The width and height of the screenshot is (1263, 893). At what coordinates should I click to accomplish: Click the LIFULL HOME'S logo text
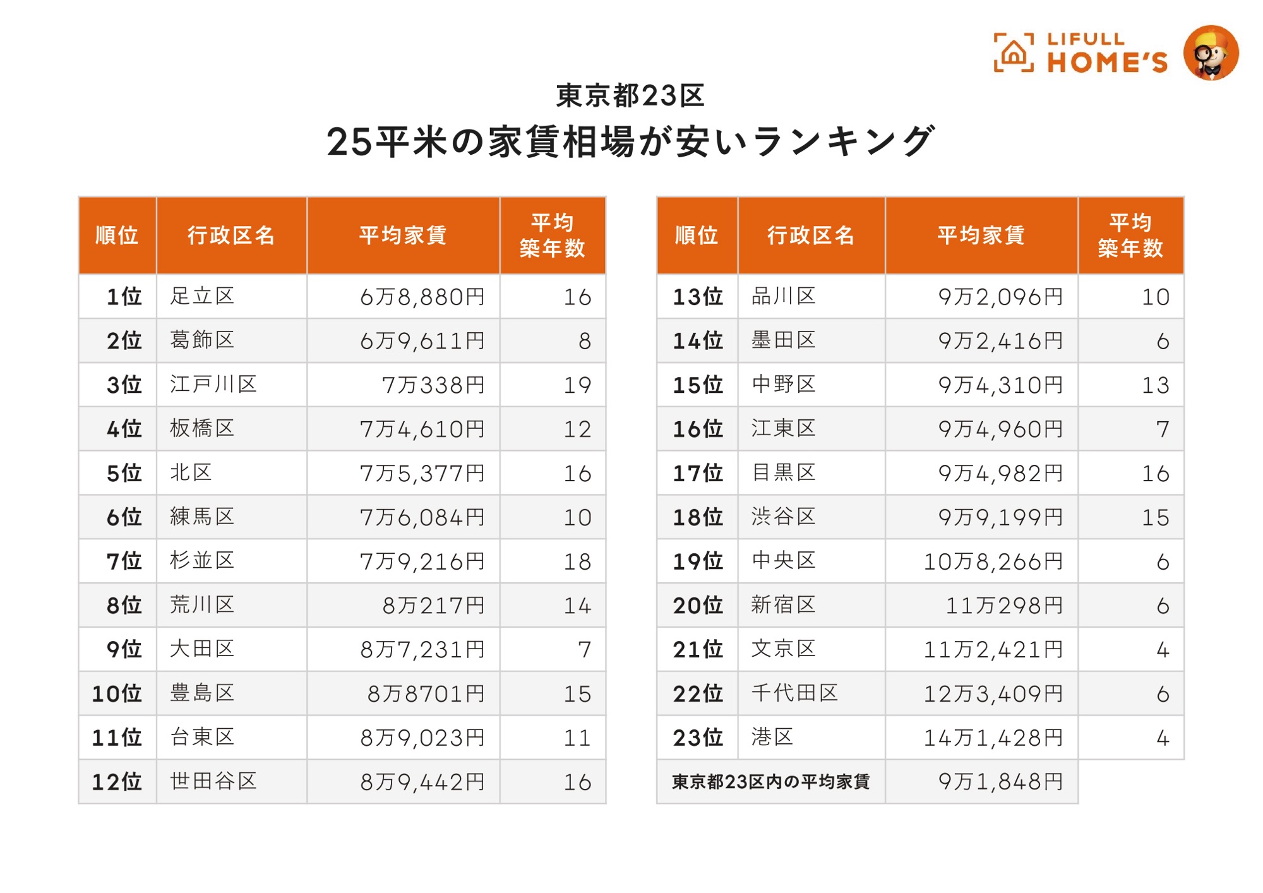pyautogui.click(x=1106, y=53)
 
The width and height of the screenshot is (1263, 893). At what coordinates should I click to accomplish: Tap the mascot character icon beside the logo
pyautogui.click(x=1211, y=53)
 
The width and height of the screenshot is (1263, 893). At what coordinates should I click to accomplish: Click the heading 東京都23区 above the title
pyautogui.click(x=630, y=96)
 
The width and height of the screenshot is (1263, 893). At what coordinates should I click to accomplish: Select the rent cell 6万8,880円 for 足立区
pyautogui.click(x=422, y=297)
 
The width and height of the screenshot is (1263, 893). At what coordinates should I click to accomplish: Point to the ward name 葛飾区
pyautogui.click(x=202, y=340)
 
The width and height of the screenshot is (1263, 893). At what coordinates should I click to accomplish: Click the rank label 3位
pyautogui.click(x=124, y=385)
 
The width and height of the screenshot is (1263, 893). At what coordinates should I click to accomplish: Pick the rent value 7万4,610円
pyautogui.click(x=422, y=429)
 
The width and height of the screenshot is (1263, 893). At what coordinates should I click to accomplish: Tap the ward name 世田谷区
pyautogui.click(x=213, y=781)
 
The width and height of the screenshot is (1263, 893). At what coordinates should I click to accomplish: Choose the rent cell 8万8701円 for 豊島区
pyautogui.click(x=426, y=694)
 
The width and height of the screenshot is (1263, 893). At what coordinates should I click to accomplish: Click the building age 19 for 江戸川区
pyautogui.click(x=577, y=385)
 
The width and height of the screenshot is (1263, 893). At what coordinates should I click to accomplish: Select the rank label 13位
pyautogui.click(x=697, y=297)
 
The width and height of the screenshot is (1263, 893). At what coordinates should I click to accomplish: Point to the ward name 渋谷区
pyautogui.click(x=783, y=517)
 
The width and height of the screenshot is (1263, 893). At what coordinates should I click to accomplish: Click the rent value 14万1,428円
pyautogui.click(x=993, y=738)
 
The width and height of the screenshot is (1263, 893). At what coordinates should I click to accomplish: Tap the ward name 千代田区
pyautogui.click(x=794, y=693)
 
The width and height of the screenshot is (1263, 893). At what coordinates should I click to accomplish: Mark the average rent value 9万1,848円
pyautogui.click(x=1000, y=782)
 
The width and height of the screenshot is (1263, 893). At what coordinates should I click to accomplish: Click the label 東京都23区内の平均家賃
pyautogui.click(x=770, y=782)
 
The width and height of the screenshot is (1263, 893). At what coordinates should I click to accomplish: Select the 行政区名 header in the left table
pyautogui.click(x=231, y=236)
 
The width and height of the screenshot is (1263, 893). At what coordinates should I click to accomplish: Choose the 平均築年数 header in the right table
pyautogui.click(x=1130, y=236)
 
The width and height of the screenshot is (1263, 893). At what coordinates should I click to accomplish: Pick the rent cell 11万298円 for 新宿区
pyautogui.click(x=1004, y=606)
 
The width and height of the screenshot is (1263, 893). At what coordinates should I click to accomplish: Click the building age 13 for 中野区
pyautogui.click(x=1155, y=385)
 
